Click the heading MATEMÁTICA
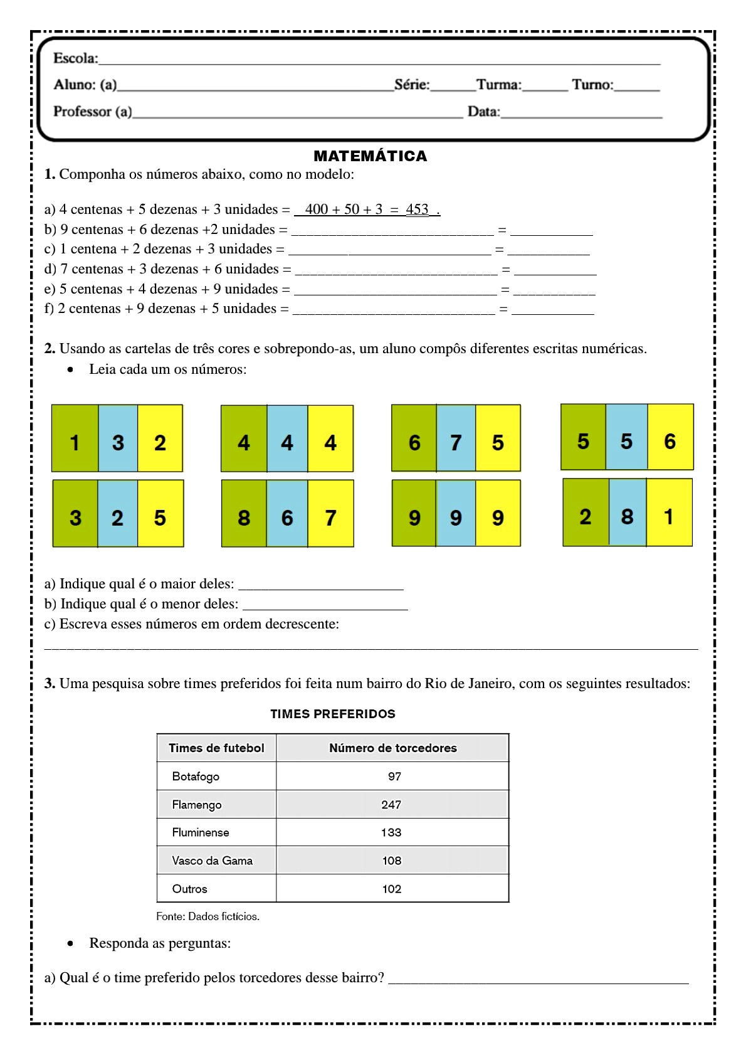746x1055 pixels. (x=370, y=156)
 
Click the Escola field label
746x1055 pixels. (x=75, y=58)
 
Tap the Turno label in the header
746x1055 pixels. (x=592, y=85)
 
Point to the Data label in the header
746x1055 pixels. (x=483, y=112)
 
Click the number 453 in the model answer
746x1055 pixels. (x=417, y=209)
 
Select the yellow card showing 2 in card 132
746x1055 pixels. (x=160, y=442)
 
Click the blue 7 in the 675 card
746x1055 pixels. (x=456, y=442)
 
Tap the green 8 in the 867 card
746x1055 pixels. (x=244, y=517)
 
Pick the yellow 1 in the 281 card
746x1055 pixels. (x=668, y=516)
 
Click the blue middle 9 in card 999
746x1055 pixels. (x=456, y=517)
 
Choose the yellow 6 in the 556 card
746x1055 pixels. (x=670, y=441)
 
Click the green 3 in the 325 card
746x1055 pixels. (x=75, y=517)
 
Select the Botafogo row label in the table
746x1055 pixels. (x=196, y=777)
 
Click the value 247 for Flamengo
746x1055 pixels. (x=391, y=805)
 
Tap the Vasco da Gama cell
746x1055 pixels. (x=212, y=861)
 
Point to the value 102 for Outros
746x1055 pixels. (x=392, y=889)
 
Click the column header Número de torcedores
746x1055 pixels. (x=392, y=748)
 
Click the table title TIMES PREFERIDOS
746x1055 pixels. (x=332, y=714)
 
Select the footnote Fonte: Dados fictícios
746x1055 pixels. (x=208, y=916)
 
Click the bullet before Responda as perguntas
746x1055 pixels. (x=71, y=943)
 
